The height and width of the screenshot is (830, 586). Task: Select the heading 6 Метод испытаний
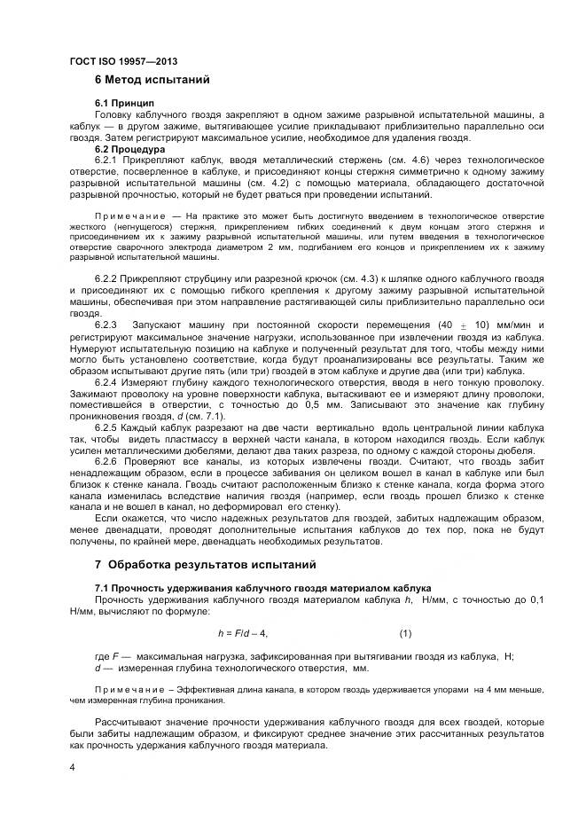(x=152, y=81)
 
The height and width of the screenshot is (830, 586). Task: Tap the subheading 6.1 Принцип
(x=125, y=104)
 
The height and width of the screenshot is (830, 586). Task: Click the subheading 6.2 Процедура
(x=130, y=147)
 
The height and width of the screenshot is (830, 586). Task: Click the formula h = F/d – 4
(x=242, y=633)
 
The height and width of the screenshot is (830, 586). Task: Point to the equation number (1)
(x=405, y=633)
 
